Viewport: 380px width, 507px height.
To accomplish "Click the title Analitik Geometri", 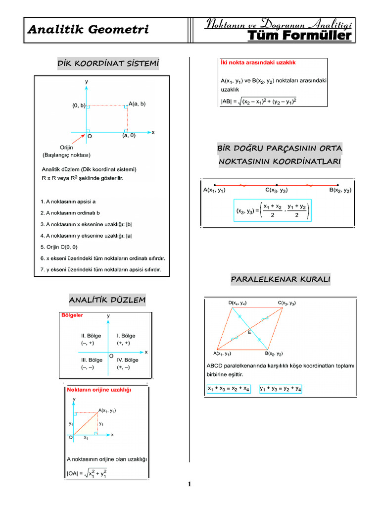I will [x=89, y=30].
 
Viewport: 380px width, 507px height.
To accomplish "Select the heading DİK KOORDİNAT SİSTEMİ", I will [x=108, y=63].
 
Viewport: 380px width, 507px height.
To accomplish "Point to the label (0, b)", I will [x=79, y=105].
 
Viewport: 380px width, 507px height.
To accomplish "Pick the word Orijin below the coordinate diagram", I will [x=66, y=147].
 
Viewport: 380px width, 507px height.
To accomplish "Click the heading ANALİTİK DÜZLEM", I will [x=107, y=300].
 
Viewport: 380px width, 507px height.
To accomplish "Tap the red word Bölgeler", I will [x=72, y=315].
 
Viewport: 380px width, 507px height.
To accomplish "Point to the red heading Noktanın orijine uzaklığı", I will [x=99, y=390].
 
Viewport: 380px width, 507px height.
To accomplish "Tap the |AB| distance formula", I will [x=259, y=101].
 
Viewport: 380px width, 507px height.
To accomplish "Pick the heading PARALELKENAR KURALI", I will [x=280, y=280].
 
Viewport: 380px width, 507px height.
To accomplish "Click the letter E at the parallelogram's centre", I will [x=249, y=332].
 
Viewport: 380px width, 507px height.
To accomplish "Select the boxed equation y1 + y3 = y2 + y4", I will [x=281, y=389].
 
